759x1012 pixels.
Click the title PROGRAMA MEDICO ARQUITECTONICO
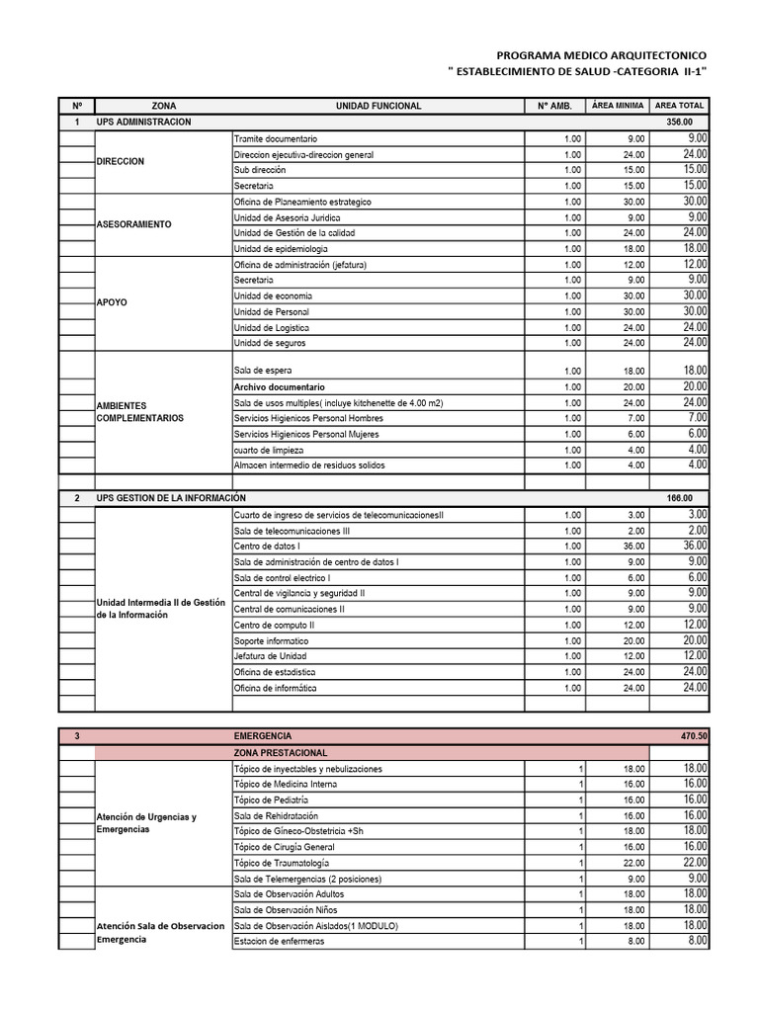point(601,56)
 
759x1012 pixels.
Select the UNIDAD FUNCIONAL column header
point(379,106)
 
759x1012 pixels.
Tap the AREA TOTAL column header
point(679,106)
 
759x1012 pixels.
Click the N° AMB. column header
point(555,106)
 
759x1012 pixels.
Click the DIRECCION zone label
point(121,161)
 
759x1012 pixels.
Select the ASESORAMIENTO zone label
point(134,224)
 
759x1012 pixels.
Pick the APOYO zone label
point(112,303)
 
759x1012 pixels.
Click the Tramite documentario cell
point(276,138)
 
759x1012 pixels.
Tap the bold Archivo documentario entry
point(279,387)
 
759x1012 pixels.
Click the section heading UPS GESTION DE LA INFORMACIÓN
point(171,498)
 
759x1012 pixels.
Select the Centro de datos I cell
point(267,547)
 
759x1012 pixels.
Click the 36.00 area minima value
point(634,547)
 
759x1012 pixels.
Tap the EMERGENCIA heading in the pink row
point(263,736)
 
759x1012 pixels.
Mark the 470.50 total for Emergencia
point(693,736)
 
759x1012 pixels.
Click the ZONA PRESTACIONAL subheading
point(280,753)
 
